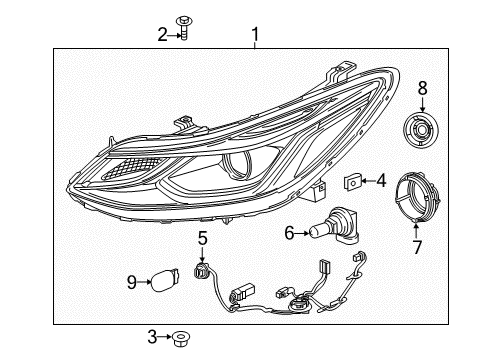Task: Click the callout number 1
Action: [x=255, y=36]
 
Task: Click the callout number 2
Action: [x=162, y=34]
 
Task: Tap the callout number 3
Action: [x=152, y=337]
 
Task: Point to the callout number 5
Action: [x=202, y=238]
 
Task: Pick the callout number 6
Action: [x=289, y=233]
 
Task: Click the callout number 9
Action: [x=132, y=283]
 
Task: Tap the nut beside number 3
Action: [x=180, y=338]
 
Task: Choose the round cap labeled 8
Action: [x=421, y=130]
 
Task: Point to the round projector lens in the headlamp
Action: [x=240, y=168]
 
